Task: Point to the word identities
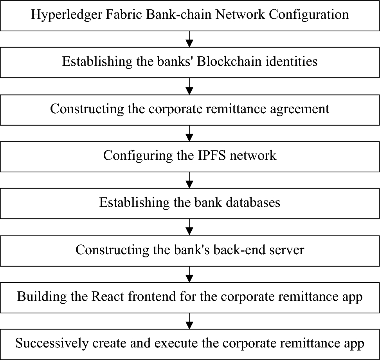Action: [289, 62]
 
